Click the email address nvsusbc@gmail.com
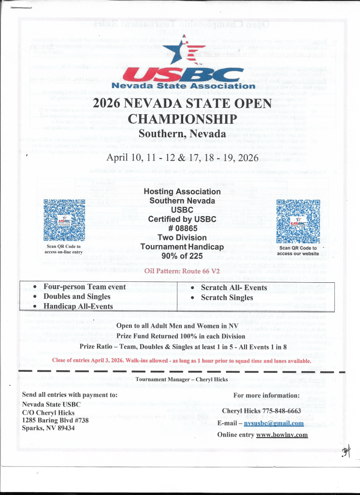[x=274, y=423]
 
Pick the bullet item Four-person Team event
[x=85, y=287]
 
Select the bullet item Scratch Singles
[x=227, y=297]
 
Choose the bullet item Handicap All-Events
[x=78, y=306]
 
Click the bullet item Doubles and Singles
[x=77, y=296]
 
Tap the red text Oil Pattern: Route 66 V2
[x=182, y=271]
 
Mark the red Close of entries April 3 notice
[x=181, y=361]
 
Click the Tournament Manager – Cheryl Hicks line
[x=181, y=379]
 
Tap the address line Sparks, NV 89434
[x=48, y=428]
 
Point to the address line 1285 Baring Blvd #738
[x=56, y=420]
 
